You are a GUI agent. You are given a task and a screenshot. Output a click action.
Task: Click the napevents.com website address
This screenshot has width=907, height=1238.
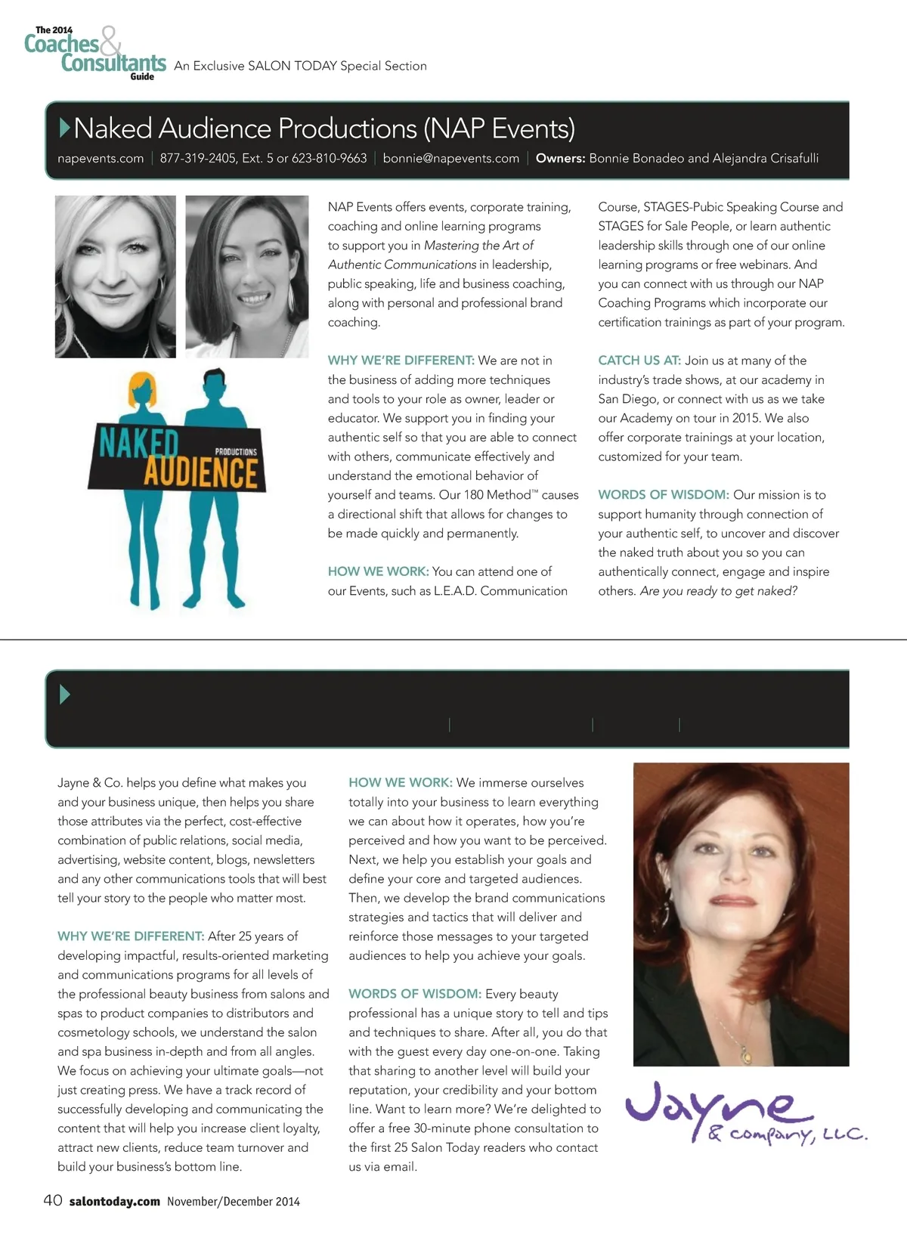click(x=101, y=158)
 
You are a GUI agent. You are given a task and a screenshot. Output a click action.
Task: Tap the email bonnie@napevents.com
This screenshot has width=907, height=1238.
click(x=450, y=158)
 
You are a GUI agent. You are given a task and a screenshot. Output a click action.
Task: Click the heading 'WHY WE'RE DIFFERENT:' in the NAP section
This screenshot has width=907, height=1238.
click(x=401, y=361)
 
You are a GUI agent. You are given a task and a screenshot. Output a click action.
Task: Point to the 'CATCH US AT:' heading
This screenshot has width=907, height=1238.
click(x=639, y=361)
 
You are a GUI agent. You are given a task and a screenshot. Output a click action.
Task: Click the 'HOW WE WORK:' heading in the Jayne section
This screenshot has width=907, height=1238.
click(x=400, y=783)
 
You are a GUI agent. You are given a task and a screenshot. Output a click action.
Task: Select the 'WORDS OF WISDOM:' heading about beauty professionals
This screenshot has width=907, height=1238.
click(x=414, y=994)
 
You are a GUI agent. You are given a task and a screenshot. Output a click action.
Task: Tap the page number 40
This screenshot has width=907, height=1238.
click(x=52, y=1200)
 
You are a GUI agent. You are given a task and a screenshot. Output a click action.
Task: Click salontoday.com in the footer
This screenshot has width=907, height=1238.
click(x=114, y=1201)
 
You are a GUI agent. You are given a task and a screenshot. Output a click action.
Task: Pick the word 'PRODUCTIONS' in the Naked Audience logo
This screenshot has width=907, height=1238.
click(x=236, y=451)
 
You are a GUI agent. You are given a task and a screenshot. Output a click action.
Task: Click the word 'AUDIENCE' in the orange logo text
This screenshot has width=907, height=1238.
click(x=201, y=472)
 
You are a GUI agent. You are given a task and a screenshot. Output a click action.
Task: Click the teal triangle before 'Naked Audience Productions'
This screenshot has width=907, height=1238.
click(x=65, y=128)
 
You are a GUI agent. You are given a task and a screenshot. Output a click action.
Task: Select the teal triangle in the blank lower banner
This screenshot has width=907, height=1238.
click(x=64, y=694)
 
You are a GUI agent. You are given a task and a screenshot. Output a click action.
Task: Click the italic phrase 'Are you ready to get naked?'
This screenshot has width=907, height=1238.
click(x=718, y=591)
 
